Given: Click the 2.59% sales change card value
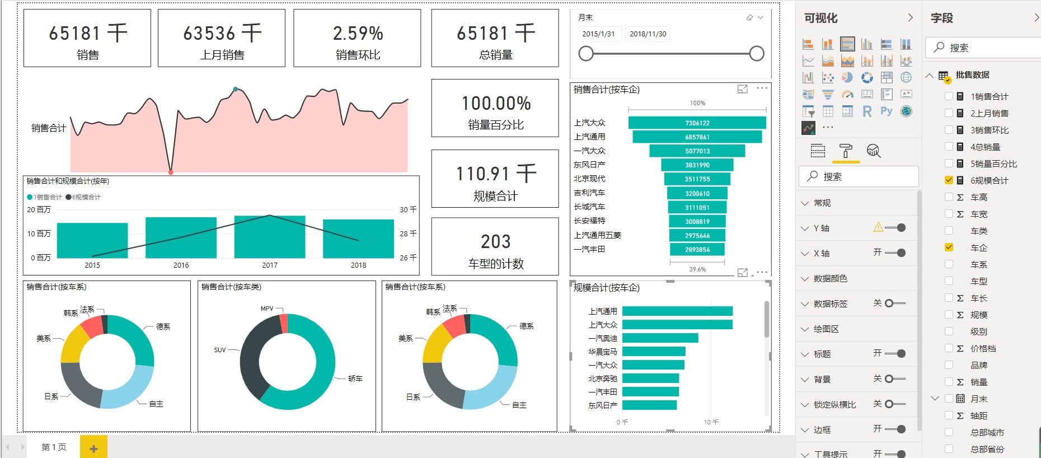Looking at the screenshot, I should coord(358,34).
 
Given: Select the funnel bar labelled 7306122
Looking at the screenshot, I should coord(697,123).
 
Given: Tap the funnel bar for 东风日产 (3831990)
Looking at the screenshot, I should coord(697,165).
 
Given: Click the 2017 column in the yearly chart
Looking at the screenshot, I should coord(269,237).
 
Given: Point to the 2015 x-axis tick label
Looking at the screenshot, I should coord(92,265).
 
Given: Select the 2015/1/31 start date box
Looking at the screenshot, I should coord(598,34).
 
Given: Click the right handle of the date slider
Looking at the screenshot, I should coord(756,54).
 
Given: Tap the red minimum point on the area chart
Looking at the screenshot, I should coord(171,172).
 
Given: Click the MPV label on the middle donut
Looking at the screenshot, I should coord(267,309).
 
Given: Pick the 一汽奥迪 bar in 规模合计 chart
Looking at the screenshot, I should coord(660,338).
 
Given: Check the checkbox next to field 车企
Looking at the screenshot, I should coord(949,247).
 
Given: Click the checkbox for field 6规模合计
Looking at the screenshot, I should coord(949,180).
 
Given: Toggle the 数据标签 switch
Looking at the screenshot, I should coord(894,303).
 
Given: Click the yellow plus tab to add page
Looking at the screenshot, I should coord(93,448).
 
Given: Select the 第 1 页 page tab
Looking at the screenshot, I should coord(54,447).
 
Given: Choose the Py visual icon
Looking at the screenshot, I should coord(886,111).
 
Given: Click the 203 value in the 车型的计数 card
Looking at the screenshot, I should coord(495,242).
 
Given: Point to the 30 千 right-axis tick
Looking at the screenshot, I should coord(408,209).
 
